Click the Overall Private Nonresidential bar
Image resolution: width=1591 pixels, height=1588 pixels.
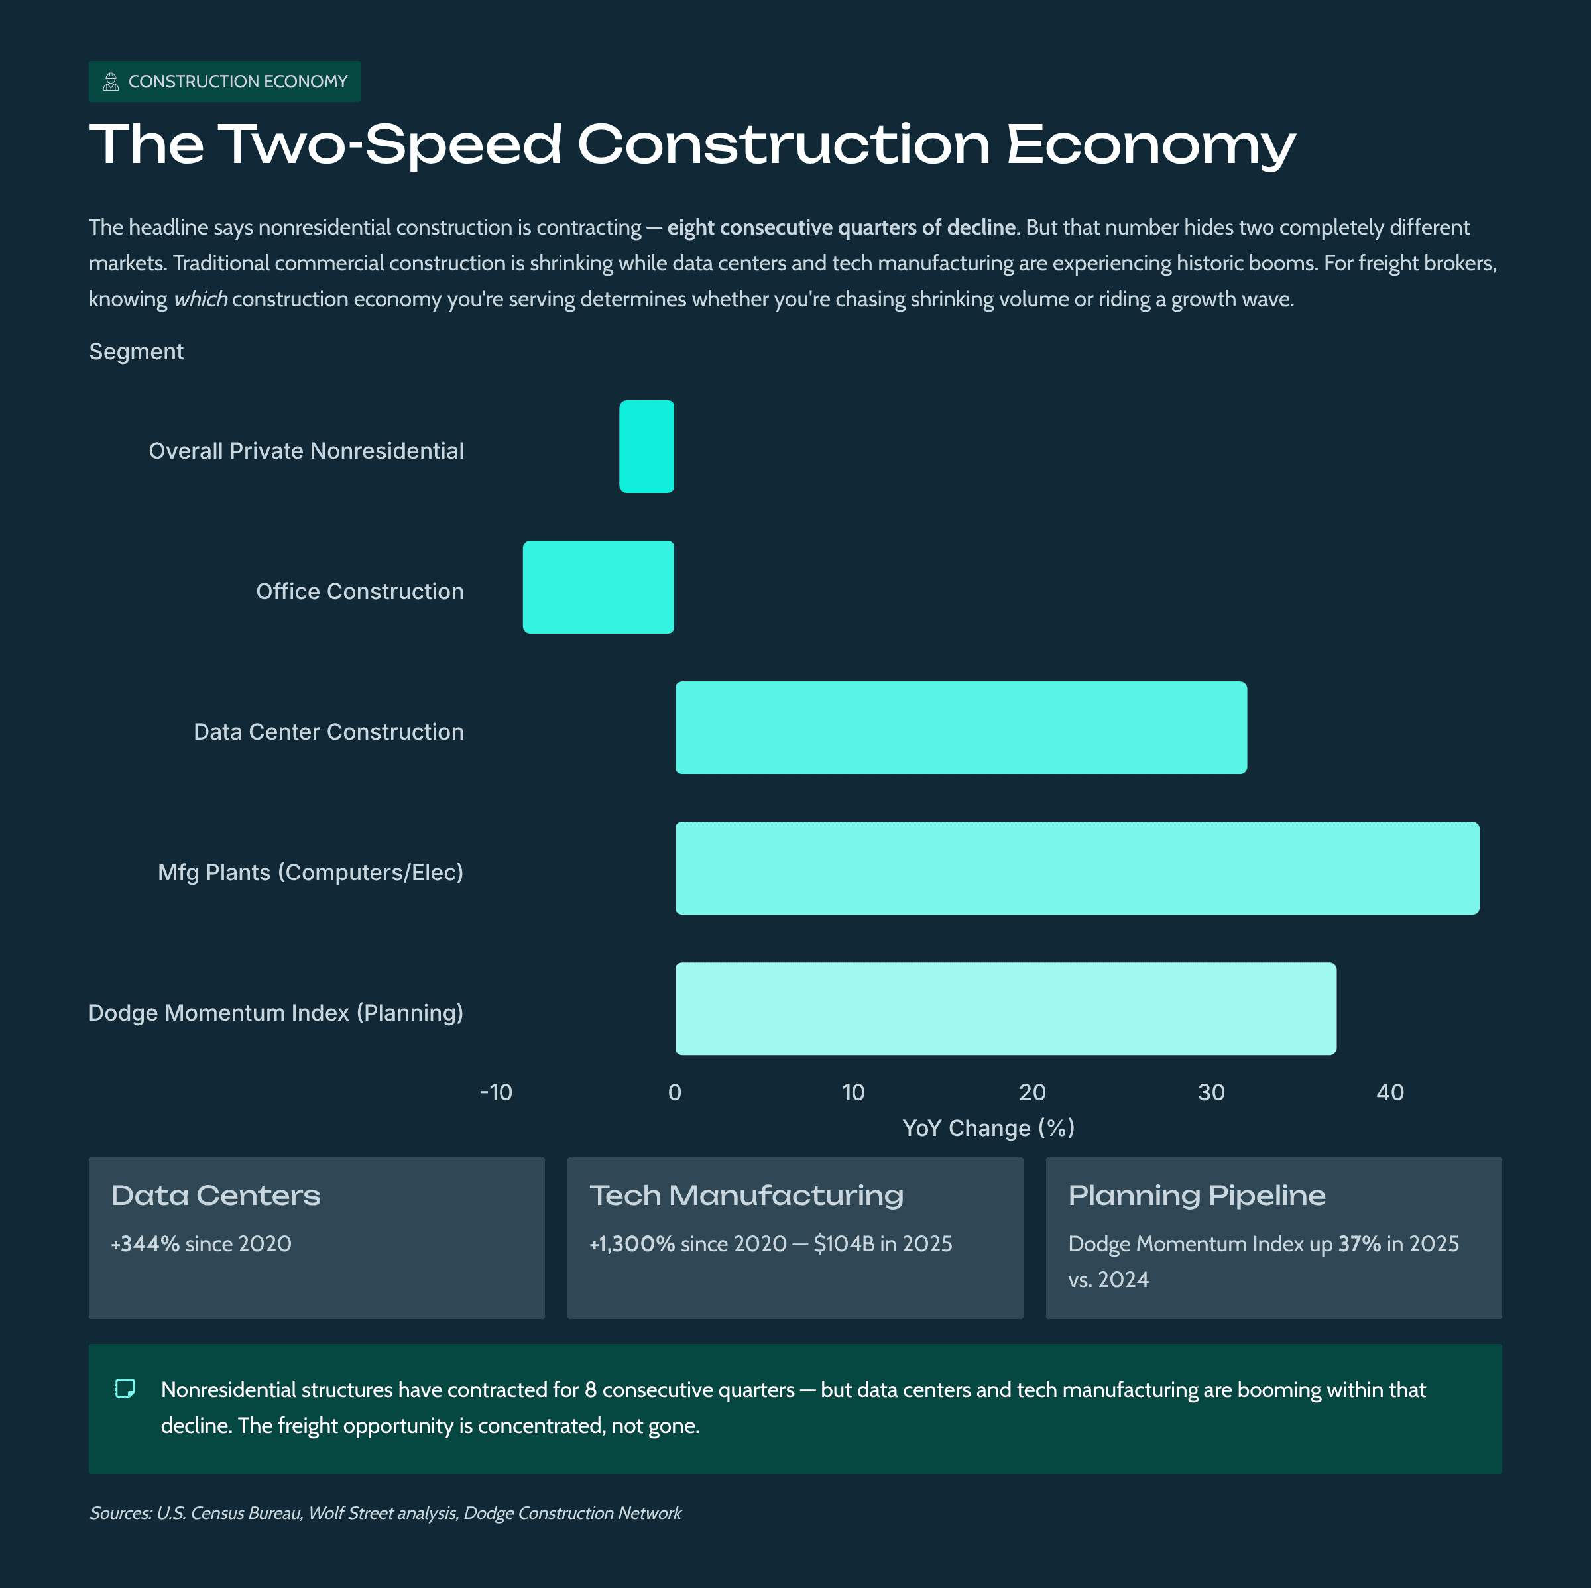[646, 447]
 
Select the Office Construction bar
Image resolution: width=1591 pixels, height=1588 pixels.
[598, 587]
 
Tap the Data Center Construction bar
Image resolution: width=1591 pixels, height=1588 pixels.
[961, 728]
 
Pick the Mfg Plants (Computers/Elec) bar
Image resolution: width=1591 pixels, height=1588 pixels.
[1077, 868]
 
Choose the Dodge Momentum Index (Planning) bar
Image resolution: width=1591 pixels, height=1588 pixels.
[1006, 1009]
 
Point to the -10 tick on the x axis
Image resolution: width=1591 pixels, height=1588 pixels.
[496, 1092]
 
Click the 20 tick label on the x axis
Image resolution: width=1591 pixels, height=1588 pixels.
[1032, 1092]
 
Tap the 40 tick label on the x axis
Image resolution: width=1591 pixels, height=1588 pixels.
[1390, 1092]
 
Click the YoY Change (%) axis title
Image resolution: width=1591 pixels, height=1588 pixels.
[988, 1128]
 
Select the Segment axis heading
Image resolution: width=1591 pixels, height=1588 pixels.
[136, 351]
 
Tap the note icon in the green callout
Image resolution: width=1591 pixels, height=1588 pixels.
[125, 1389]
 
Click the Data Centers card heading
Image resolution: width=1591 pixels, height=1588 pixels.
[215, 1196]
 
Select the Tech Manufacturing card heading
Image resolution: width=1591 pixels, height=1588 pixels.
[746, 1196]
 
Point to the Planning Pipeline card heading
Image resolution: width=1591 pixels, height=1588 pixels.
[1197, 1196]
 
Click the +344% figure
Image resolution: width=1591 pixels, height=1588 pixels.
[146, 1244]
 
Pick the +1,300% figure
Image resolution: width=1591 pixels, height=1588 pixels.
[632, 1244]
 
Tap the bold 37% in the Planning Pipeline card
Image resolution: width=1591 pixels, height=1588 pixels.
[1359, 1244]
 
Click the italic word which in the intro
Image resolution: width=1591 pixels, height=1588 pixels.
[200, 299]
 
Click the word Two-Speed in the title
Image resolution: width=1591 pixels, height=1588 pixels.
[390, 145]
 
